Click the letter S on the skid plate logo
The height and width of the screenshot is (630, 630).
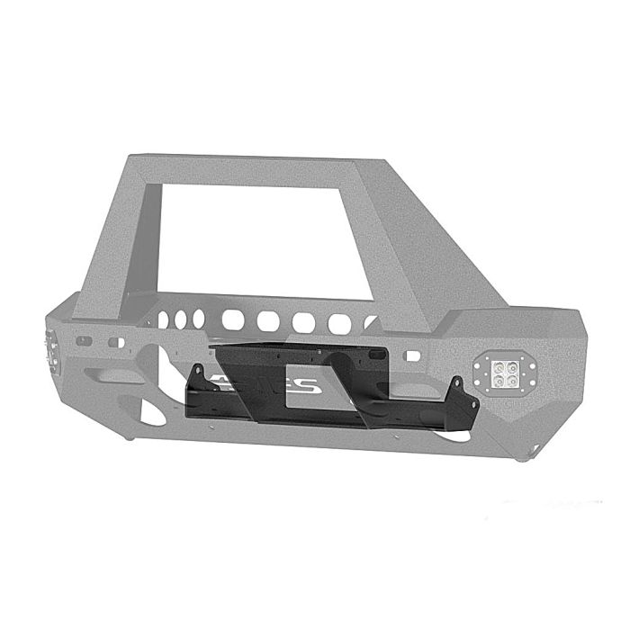click(x=304, y=385)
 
